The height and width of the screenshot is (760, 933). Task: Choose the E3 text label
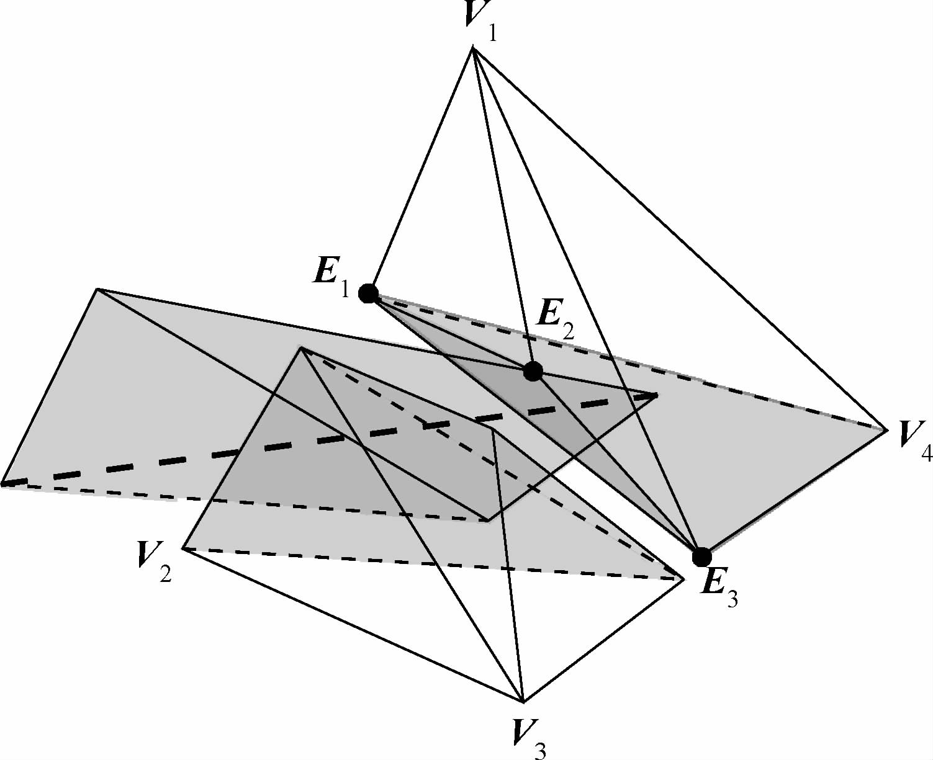pos(718,587)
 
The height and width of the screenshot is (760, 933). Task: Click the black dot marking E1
pos(369,293)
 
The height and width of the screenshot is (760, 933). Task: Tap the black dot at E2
pos(533,371)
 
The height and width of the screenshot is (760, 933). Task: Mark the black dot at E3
pos(701,557)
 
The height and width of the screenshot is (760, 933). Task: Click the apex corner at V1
pos(474,48)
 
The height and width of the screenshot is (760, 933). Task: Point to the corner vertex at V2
pos(183,548)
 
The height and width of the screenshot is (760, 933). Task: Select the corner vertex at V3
pos(523,702)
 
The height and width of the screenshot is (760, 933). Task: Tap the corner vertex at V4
pos(886,428)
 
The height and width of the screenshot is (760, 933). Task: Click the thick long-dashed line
pos(310,442)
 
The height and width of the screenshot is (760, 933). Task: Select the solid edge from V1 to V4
pos(680,238)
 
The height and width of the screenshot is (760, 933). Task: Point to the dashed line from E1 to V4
pos(627,360)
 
